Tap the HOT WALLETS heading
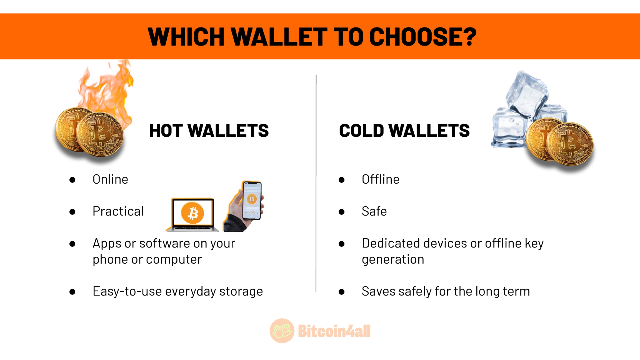[209, 131]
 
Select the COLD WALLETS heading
[404, 131]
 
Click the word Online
[110, 179]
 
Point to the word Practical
[118, 211]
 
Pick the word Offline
[381, 179]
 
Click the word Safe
[374, 211]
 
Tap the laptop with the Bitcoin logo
[192, 215]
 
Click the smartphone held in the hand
[252, 201]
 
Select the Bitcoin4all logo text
[334, 331]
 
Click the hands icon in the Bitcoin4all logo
[282, 331]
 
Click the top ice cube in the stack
[527, 94]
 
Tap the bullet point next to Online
[72, 180]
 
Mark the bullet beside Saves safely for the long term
[342, 292]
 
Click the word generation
[393, 260]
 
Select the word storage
[241, 292]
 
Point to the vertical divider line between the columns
[316, 183]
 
